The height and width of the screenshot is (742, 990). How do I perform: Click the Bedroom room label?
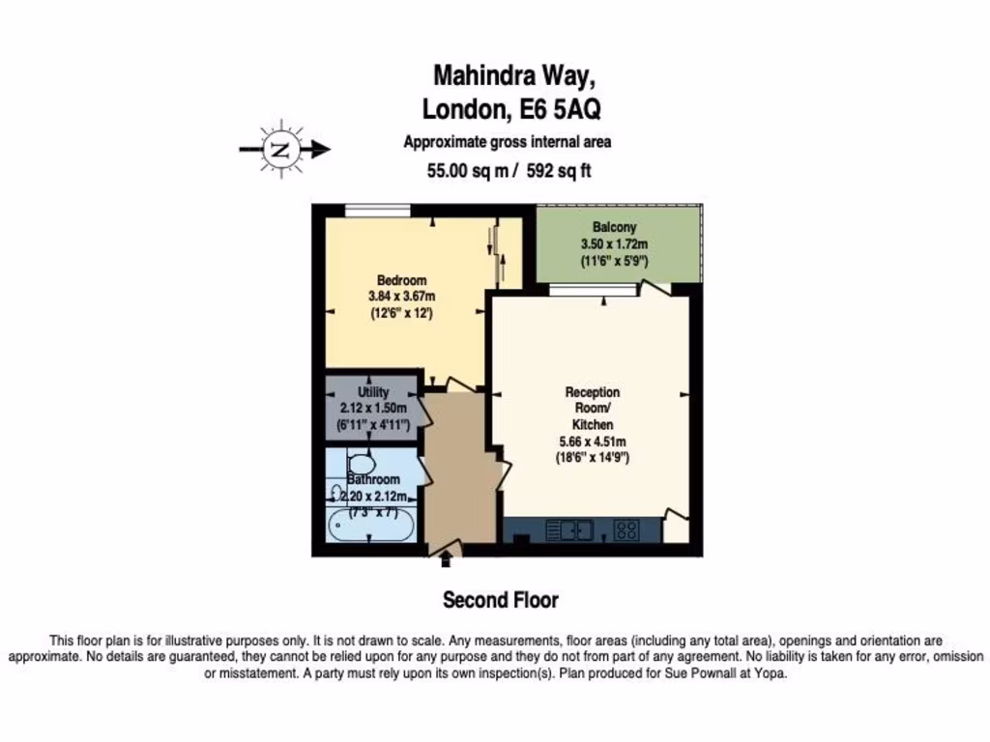coord(401,280)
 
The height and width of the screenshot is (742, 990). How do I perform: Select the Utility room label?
coord(373,392)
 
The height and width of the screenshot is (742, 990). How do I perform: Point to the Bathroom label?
coord(373,479)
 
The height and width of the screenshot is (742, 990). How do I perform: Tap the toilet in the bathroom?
coord(361,464)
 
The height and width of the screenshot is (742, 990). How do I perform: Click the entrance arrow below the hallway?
coord(446,557)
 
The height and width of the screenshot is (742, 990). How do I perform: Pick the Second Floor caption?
coord(500,600)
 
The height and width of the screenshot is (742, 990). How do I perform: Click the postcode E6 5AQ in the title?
coord(562,108)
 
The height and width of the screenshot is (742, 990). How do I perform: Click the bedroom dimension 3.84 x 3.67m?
coord(401,296)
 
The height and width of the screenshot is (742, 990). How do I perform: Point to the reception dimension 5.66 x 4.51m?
coord(593,441)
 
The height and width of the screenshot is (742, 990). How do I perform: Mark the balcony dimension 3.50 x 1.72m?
coord(614,244)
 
